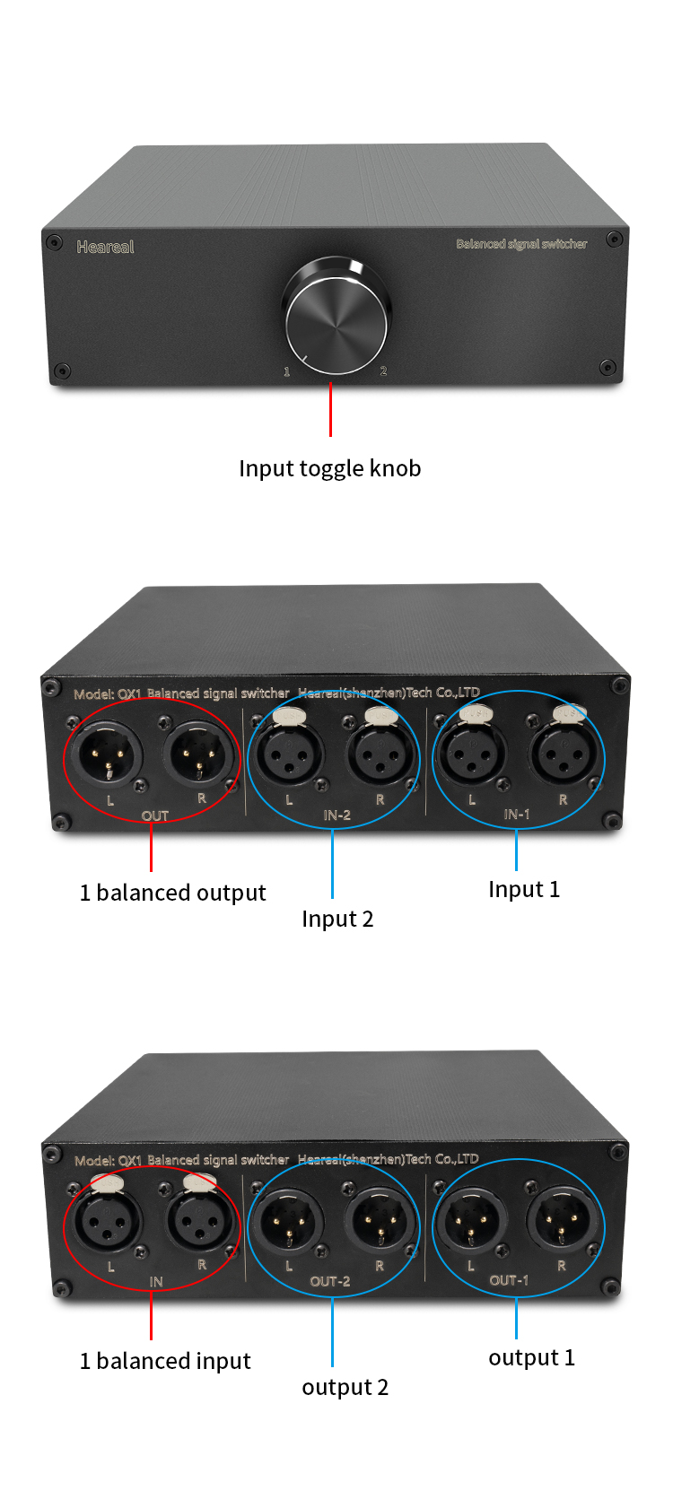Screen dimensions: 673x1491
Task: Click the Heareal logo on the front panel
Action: (x=105, y=247)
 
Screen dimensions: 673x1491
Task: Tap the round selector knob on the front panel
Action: (x=336, y=316)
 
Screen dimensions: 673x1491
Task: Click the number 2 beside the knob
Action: (x=383, y=371)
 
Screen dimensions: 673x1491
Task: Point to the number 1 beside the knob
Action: (x=287, y=371)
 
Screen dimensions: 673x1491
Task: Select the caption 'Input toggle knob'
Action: (x=329, y=468)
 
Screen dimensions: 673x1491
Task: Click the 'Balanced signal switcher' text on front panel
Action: (x=521, y=244)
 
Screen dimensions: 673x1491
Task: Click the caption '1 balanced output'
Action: (x=172, y=893)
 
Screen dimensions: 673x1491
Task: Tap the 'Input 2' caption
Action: (x=337, y=920)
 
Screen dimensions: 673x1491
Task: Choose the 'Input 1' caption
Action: (x=524, y=889)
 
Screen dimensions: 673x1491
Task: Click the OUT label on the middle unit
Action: (x=155, y=815)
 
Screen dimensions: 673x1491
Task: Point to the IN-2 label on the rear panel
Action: (x=336, y=815)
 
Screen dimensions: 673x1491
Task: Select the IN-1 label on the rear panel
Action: (x=517, y=814)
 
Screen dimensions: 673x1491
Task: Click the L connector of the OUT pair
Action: (x=107, y=755)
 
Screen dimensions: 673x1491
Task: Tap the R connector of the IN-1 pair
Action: (x=564, y=753)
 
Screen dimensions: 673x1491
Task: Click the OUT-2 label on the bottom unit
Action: (x=329, y=1281)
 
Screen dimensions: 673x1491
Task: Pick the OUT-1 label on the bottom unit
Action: (x=509, y=1280)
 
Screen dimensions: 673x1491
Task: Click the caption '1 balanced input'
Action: (x=165, y=1361)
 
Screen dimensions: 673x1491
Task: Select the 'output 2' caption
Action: (x=345, y=1387)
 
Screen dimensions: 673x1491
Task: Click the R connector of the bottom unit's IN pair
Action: (x=200, y=1221)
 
